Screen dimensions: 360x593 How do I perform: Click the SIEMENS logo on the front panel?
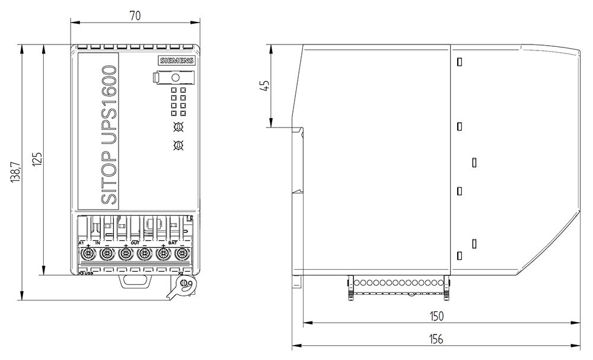(175, 60)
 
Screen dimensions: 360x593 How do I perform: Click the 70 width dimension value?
(135, 17)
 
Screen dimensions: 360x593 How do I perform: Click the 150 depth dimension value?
(436, 316)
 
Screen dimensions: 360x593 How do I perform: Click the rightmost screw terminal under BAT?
(182, 254)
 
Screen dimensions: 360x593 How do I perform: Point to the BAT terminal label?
(173, 243)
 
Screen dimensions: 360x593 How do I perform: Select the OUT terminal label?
(135, 243)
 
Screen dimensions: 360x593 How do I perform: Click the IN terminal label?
(98, 243)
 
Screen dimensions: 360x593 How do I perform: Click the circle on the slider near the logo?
(176, 78)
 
